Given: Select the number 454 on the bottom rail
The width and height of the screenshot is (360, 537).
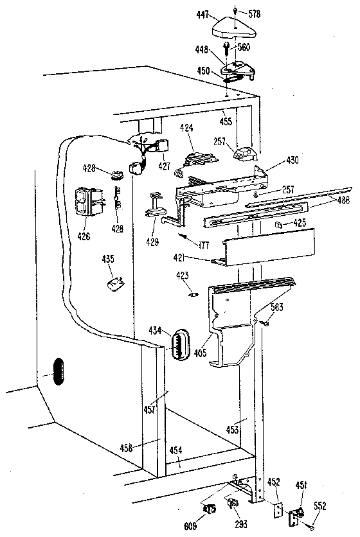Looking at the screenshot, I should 176,449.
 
